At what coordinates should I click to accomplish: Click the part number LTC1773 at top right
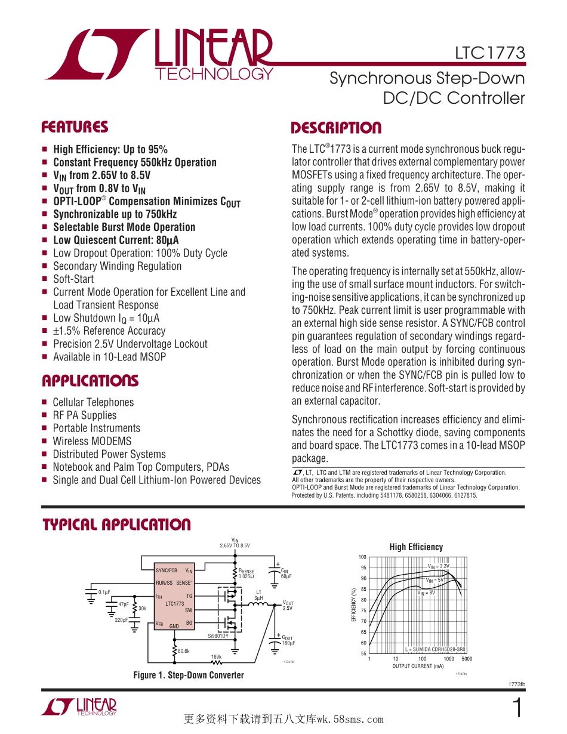[489, 54]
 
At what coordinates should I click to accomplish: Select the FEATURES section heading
[75, 127]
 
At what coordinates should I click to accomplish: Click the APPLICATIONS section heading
[90, 381]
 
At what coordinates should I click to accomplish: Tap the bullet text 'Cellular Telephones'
[93, 402]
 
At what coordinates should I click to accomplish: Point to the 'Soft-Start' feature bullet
[73, 279]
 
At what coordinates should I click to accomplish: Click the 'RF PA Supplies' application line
[85, 415]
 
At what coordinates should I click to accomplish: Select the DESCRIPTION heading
[335, 128]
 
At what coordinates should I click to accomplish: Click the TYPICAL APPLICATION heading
[116, 525]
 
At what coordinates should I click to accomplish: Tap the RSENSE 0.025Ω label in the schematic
[246, 574]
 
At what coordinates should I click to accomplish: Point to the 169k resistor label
[216, 656]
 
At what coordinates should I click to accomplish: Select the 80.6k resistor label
[183, 651]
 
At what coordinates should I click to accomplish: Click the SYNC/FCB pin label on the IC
[167, 570]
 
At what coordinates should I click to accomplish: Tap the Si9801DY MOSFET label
[218, 636]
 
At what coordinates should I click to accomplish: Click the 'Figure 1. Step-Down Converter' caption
[189, 675]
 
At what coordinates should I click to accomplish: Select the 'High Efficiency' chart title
[416, 547]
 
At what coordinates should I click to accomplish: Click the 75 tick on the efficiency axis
[363, 610]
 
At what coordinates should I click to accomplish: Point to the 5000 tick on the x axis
[467, 659]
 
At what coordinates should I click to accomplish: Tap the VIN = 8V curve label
[426, 593]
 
